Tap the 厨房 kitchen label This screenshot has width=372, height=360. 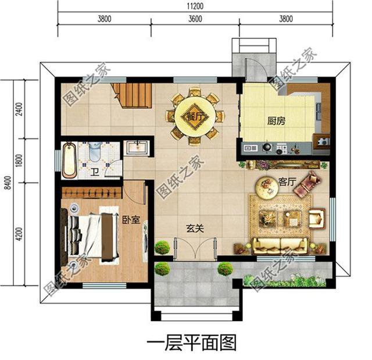click(277, 122)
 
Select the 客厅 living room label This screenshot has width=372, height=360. click(288, 183)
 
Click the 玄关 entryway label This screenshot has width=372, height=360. click(195, 229)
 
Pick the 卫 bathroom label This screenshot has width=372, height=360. click(95, 172)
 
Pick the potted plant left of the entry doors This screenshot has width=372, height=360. click(162, 248)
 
